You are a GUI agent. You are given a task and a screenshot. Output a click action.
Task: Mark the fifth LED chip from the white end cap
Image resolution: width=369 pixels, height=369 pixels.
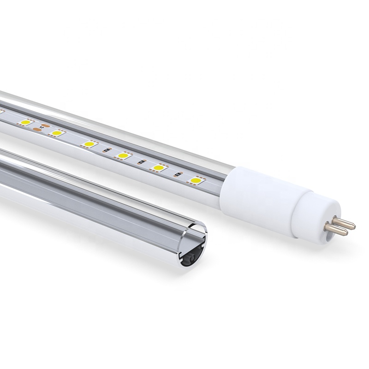coord(56,133)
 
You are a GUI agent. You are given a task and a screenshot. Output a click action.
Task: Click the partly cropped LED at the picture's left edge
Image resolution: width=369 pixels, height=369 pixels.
coord(1,113)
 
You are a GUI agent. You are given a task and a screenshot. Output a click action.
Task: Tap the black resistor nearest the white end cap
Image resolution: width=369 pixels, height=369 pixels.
coord(177,174)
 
